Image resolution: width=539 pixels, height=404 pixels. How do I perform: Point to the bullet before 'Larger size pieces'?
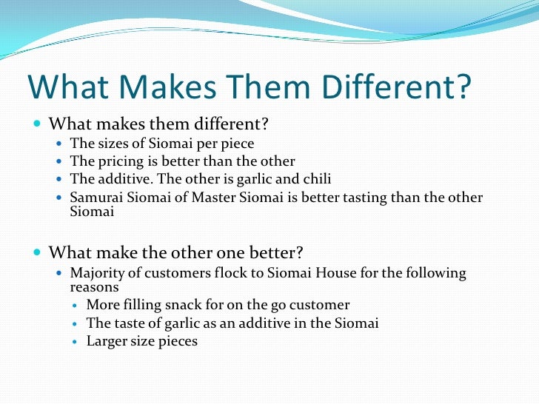(x=76, y=342)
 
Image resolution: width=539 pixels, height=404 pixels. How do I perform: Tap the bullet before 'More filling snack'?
(x=76, y=306)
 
